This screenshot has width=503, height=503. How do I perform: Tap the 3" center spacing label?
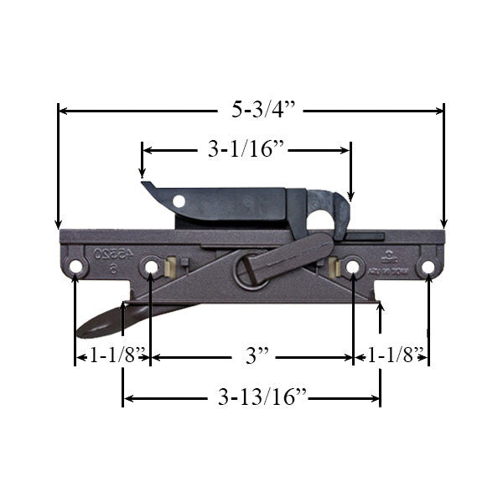click(x=251, y=358)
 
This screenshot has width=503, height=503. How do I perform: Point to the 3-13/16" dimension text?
click(x=251, y=397)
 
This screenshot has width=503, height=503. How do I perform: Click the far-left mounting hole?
click(x=75, y=267)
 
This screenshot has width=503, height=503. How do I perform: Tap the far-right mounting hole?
click(x=428, y=267)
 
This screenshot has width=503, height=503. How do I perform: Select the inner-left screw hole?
click(x=151, y=267)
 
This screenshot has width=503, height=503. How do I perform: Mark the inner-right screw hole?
click(x=352, y=267)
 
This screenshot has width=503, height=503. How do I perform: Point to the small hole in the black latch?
click(x=179, y=200)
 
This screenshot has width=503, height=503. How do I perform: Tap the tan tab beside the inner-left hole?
click(x=171, y=267)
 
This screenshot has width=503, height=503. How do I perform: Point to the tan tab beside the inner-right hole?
click(x=333, y=267)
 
